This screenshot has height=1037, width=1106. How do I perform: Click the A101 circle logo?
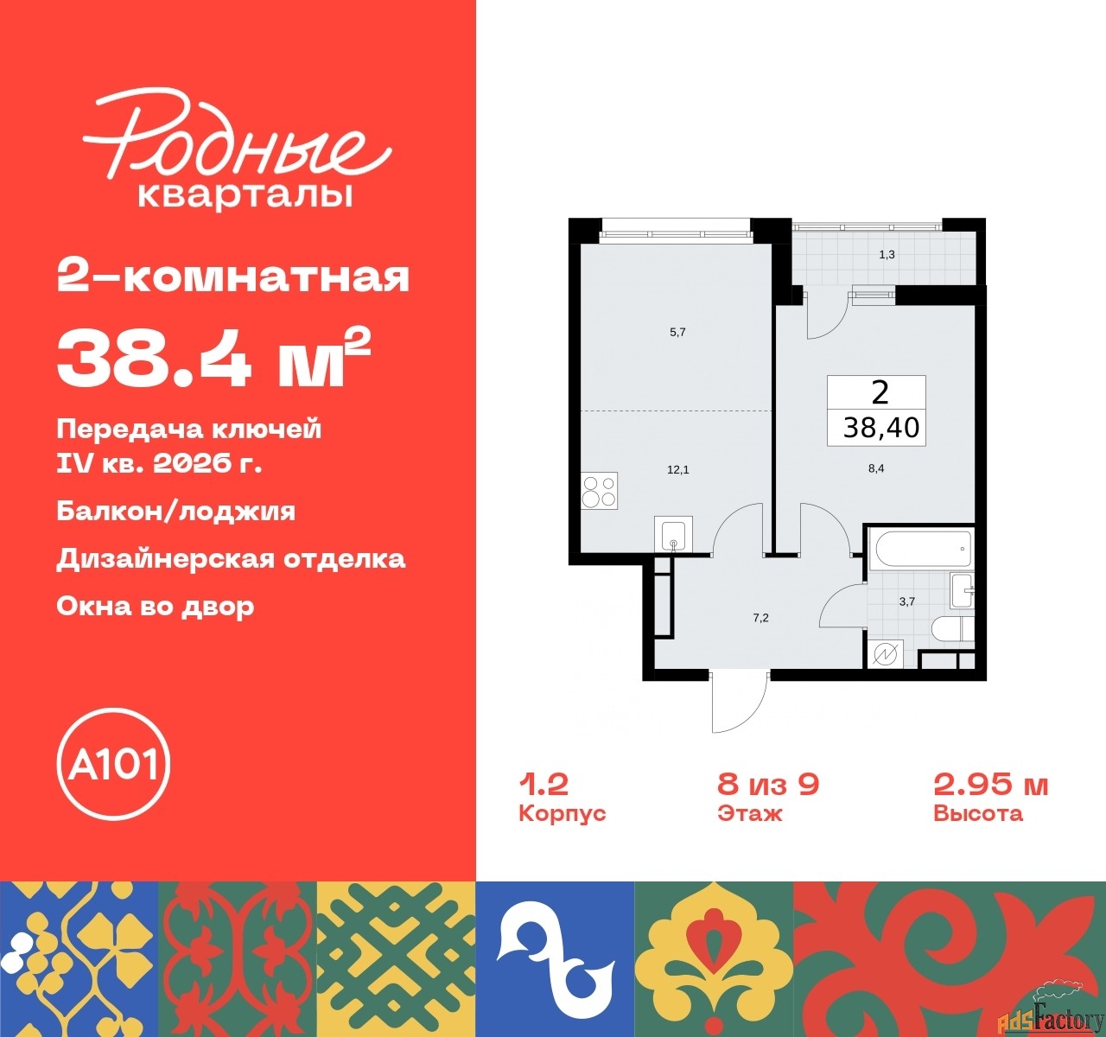click(x=113, y=764)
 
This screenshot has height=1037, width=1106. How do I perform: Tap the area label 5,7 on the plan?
click(x=677, y=332)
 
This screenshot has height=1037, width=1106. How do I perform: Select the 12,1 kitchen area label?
click(x=677, y=470)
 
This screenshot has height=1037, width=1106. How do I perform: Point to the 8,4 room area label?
click(x=875, y=470)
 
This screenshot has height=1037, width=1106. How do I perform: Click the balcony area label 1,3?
click(x=887, y=254)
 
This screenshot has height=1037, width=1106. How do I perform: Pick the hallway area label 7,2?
click(x=760, y=618)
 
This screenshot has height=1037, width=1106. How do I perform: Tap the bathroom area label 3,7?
click(x=906, y=601)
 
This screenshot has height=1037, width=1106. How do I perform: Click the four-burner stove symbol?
click(x=599, y=491)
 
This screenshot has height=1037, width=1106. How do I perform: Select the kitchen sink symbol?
click(x=673, y=535)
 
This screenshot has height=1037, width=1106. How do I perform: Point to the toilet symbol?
click(x=952, y=628)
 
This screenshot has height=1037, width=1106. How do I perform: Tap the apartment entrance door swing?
click(x=737, y=700)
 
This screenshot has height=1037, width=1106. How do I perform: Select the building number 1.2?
click(x=543, y=784)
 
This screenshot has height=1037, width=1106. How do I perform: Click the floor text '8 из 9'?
click(x=767, y=784)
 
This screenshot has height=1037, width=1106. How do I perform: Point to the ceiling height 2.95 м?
click(x=990, y=784)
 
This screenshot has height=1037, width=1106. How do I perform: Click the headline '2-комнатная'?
click(x=232, y=277)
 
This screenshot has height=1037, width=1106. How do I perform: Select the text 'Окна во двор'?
click(x=156, y=606)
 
